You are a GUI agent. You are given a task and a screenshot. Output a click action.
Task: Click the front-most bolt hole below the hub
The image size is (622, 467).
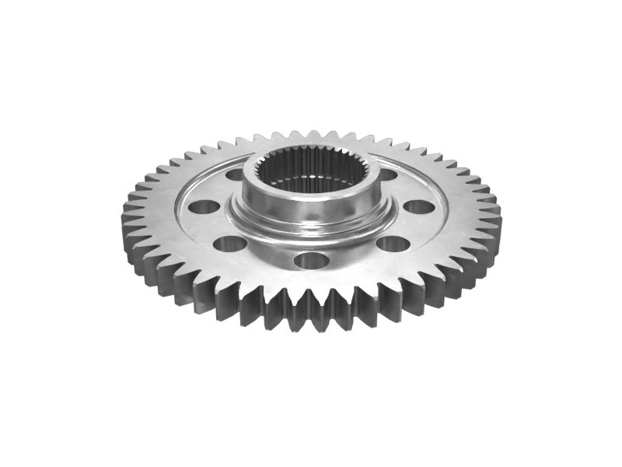click(x=309, y=260)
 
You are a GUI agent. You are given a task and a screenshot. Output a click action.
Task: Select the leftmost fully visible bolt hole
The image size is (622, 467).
click(x=205, y=208)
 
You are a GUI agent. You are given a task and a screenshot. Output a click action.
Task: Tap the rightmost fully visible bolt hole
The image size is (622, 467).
click(x=419, y=207)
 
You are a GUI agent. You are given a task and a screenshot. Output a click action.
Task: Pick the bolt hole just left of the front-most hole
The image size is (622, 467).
click(x=230, y=244)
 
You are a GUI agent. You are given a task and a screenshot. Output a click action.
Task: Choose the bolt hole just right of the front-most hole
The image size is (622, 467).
click(x=393, y=244)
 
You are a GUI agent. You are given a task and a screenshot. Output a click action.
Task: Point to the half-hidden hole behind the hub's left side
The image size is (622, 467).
click(x=235, y=174)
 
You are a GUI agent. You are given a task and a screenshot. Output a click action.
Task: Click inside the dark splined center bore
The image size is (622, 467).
click(x=311, y=177)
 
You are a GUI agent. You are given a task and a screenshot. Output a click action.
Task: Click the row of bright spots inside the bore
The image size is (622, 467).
click(x=311, y=189)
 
